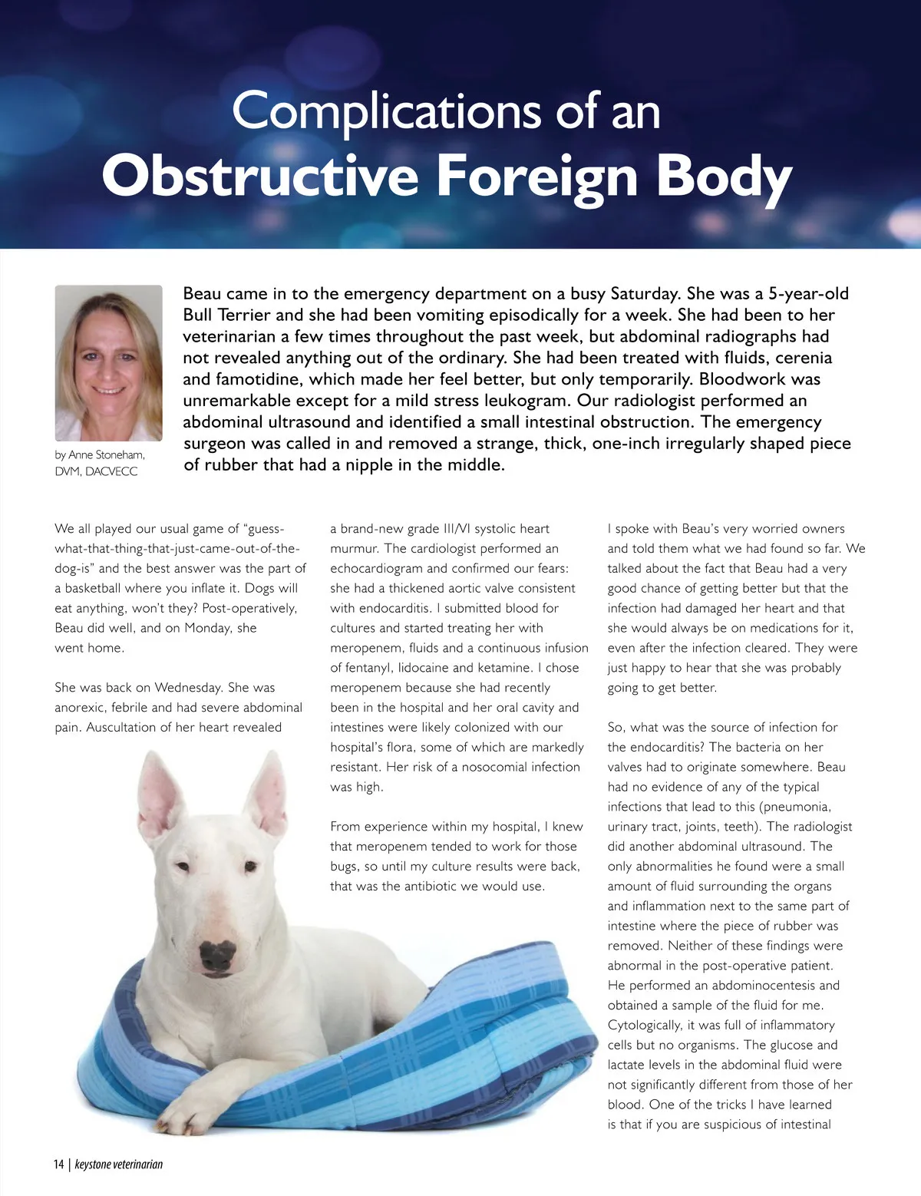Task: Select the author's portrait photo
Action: [109, 363]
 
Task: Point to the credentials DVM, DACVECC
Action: [96, 471]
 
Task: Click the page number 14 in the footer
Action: [59, 1164]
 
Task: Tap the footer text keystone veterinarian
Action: [119, 1164]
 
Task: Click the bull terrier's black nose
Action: [217, 954]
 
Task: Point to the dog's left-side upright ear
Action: [160, 798]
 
